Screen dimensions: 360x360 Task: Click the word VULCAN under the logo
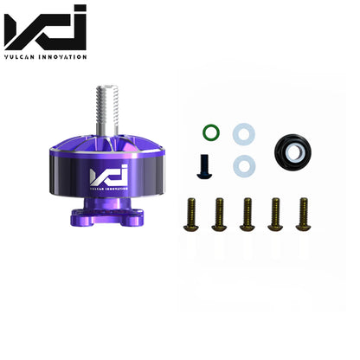[21, 57]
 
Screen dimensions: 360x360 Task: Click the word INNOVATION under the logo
[62, 57]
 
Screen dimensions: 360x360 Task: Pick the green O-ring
[210, 132]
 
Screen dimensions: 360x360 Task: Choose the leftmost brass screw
[191, 214]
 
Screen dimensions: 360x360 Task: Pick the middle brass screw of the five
[247, 214]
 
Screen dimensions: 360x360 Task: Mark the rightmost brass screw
[302, 214]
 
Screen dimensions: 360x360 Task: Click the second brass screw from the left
[219, 214]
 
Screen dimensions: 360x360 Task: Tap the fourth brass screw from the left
[274, 214]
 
